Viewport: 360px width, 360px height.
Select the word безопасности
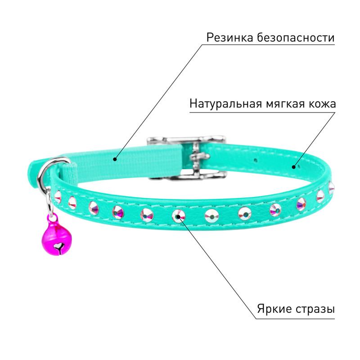point(296,37)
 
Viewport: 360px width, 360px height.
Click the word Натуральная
point(226,103)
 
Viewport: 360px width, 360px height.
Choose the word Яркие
point(274,309)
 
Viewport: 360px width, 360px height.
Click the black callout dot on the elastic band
point(115,159)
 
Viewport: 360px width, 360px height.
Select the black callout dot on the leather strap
point(293,167)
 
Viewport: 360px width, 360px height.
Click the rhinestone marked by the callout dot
point(178,216)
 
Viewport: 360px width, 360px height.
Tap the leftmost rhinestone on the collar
point(58,197)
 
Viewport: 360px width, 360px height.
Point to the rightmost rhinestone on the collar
point(331,187)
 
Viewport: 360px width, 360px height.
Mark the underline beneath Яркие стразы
point(295,319)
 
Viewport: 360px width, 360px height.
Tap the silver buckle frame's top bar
point(186,139)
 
